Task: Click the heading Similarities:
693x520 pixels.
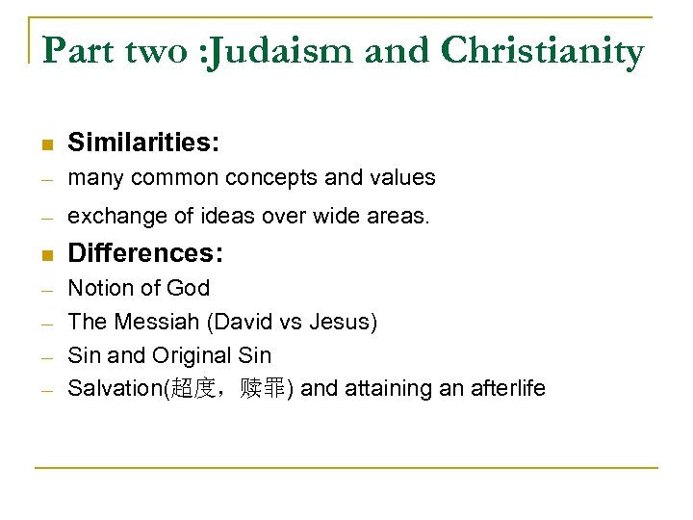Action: (143, 143)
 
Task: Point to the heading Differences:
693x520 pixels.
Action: (145, 253)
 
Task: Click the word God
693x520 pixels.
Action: (188, 288)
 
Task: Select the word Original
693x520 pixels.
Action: (189, 355)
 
